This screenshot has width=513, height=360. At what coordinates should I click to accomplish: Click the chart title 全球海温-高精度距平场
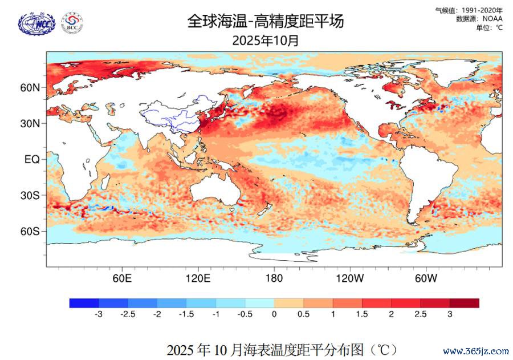pyautogui.click(x=266, y=22)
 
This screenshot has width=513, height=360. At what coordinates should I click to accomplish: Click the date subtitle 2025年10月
pyautogui.click(x=266, y=41)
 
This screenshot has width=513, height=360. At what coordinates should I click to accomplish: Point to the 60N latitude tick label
pyautogui.click(x=31, y=88)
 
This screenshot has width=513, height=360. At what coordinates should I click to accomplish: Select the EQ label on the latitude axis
pyautogui.click(x=32, y=160)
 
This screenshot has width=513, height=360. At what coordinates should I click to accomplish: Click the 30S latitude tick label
pyautogui.click(x=31, y=195)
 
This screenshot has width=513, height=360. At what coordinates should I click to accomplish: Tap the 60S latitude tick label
pyautogui.click(x=31, y=231)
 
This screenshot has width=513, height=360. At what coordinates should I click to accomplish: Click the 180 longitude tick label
pyautogui.click(x=274, y=278)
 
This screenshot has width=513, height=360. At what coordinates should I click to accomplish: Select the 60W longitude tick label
pyautogui.click(x=426, y=278)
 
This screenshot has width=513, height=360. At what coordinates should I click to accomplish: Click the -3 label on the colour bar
pyautogui.click(x=98, y=314)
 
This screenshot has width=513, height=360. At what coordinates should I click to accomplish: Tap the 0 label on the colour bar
pyautogui.click(x=274, y=314)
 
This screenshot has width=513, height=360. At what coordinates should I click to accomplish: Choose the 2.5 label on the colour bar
pyautogui.click(x=420, y=314)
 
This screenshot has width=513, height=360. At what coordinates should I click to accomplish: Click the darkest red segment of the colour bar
pyautogui.click(x=464, y=303)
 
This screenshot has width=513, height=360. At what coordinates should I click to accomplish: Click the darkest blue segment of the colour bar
pyautogui.click(x=84, y=303)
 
